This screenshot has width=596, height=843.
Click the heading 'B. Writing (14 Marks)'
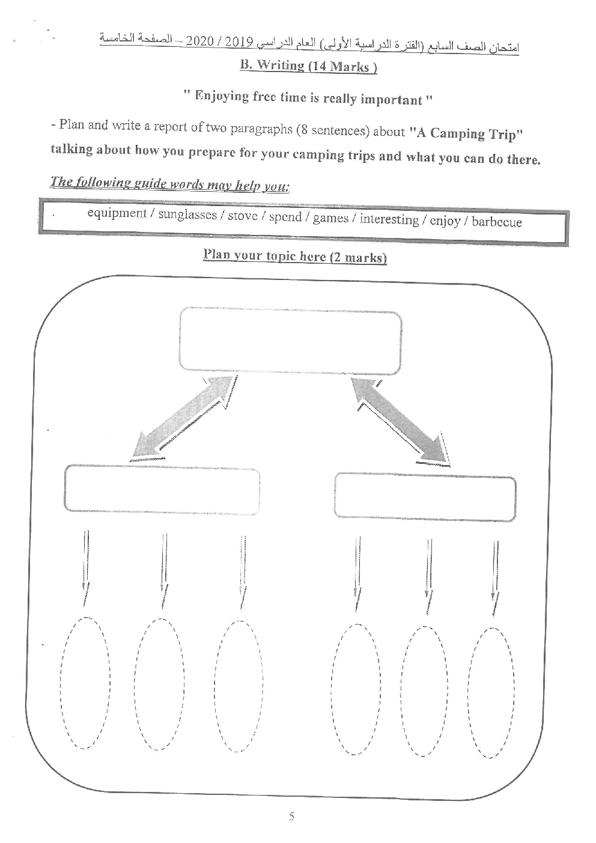coord(308,66)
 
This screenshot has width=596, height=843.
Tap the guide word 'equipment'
coord(117,213)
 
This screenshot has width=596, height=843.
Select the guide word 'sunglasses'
coord(187,215)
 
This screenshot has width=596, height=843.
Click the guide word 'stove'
coord(242,216)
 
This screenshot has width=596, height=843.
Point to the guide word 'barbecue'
coord(496,222)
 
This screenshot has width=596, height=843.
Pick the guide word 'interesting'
coord(389,219)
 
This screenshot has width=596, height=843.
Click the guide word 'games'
coord(330,218)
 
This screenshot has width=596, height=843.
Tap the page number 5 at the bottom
coord(291,817)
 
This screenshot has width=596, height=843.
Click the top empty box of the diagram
coord(290,339)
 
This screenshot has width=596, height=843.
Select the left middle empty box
coord(162,490)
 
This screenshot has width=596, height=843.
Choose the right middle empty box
coord(425,497)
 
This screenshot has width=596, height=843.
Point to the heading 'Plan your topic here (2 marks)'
coord(294,256)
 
